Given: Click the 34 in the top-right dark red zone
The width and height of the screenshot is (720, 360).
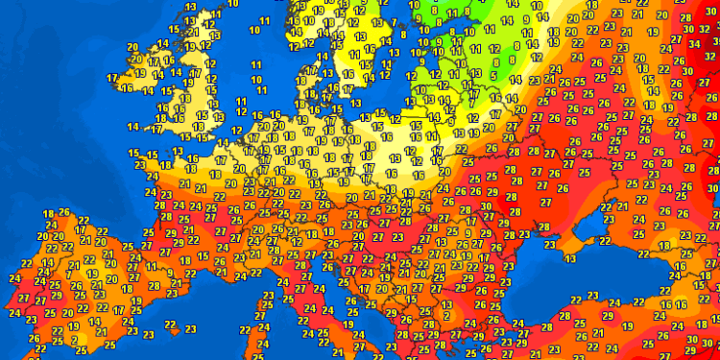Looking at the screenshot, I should (x=693, y=43).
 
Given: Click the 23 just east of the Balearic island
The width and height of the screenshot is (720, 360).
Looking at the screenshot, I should (x=190, y=329).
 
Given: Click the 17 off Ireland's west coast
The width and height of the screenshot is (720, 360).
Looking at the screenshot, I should (x=112, y=78).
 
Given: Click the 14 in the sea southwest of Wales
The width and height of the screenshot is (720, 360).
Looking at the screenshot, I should (x=132, y=127).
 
